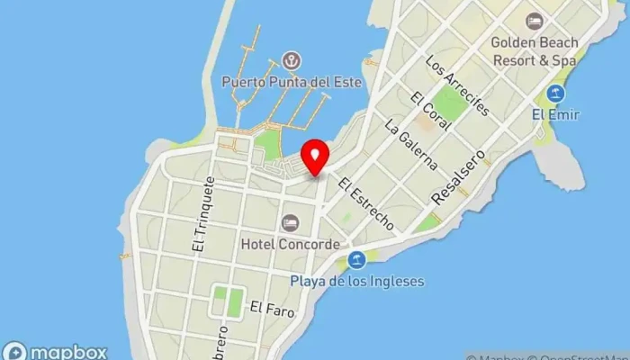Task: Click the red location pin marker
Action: click(x=314, y=158)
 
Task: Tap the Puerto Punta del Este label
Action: click(x=292, y=82)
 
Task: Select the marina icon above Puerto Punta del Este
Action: click(x=291, y=61)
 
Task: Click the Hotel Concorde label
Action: click(x=290, y=244)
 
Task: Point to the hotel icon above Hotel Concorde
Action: click(x=290, y=222)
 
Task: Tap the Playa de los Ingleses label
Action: click(x=356, y=282)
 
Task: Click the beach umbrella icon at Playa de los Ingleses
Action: click(x=356, y=260)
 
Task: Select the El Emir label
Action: click(x=556, y=114)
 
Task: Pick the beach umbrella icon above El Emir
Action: click(x=556, y=94)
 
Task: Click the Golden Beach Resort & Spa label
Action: click(x=535, y=50)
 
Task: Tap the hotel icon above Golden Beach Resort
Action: click(x=535, y=20)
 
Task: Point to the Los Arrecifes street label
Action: click(x=458, y=86)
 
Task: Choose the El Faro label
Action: click(x=268, y=307)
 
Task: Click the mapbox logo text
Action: click(x=56, y=352)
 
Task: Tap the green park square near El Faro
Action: click(x=233, y=301)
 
